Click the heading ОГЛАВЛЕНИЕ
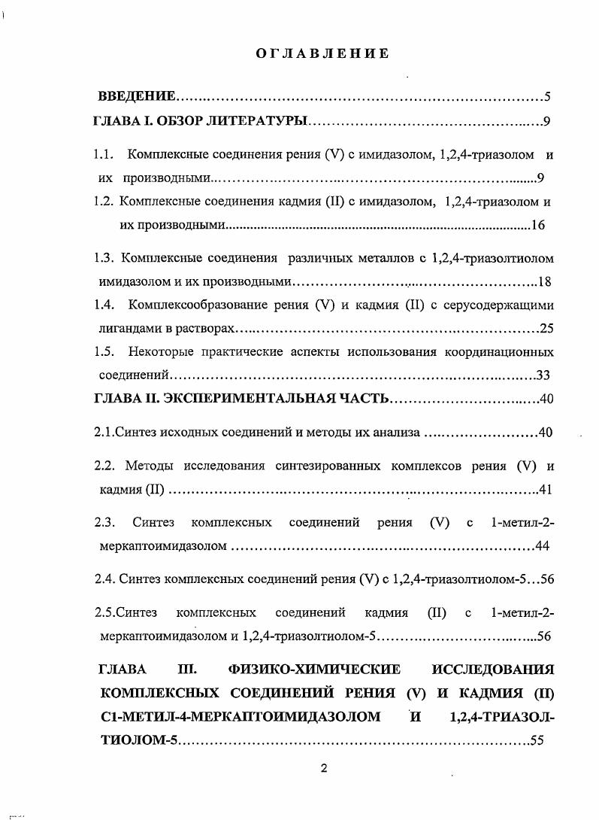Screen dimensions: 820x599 pyautogui.click(x=321, y=53)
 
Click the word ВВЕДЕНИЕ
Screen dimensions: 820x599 pyautogui.click(x=138, y=97)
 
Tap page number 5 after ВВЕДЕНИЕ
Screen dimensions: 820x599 pyautogui.click(x=548, y=97)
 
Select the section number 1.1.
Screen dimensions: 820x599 pyautogui.click(x=104, y=155)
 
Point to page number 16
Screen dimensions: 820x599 pyautogui.click(x=537, y=225)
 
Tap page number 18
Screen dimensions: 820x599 pyautogui.click(x=546, y=282)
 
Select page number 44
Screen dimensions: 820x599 pyautogui.click(x=546, y=545)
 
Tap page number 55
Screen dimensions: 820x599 pyautogui.click(x=537, y=740)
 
